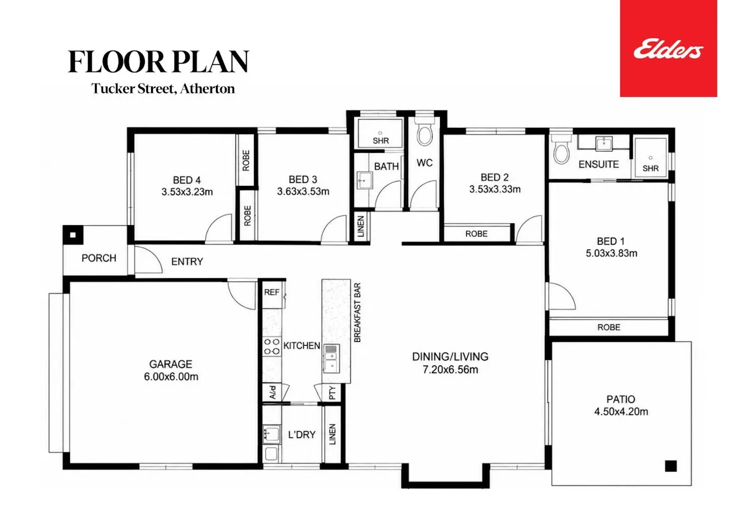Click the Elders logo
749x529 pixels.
tap(668, 49)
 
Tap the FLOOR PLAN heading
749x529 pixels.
tap(159, 62)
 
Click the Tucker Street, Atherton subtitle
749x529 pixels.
tap(163, 89)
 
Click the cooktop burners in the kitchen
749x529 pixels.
tap(272, 346)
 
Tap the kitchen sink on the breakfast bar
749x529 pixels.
tap(331, 359)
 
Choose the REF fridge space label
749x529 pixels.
tap(272, 293)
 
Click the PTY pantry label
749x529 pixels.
tap(332, 393)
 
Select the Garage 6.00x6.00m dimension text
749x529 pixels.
tap(171, 377)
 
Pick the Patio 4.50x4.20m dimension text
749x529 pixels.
tap(621, 411)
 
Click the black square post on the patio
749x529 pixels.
tap(671, 466)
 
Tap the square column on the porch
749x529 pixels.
tap(73, 235)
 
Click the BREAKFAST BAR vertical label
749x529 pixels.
tap(358, 313)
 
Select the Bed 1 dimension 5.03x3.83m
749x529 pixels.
tap(611, 253)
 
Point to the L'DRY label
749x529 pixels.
tap(301, 435)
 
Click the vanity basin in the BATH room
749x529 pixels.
tap(364, 180)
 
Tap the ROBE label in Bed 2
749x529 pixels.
tap(476, 234)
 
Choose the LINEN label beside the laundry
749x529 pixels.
tap(332, 434)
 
